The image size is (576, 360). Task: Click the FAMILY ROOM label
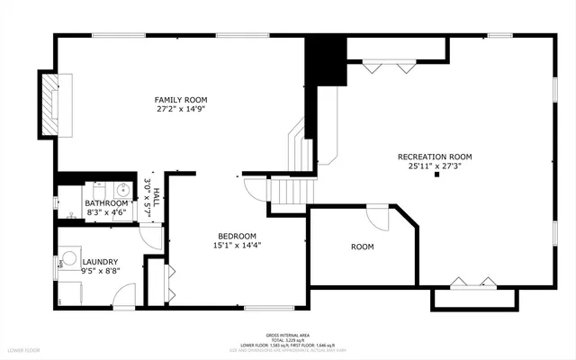coord(181,99)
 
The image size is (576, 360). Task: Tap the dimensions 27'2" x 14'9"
coord(181,109)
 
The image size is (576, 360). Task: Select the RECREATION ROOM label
coord(435,157)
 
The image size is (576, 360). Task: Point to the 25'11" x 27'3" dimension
coord(435,166)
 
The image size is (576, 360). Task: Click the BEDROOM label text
coord(237,236)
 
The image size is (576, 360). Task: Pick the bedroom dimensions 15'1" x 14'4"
coord(237,245)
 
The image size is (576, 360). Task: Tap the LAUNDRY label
coord(100,261)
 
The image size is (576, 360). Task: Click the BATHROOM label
coord(107,203)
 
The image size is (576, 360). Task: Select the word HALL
coord(156,196)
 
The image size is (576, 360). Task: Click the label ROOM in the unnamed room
coord(362,247)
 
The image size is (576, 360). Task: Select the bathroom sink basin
coord(121,190)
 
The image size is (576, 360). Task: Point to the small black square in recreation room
coord(436,175)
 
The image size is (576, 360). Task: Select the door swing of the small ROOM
coord(377,217)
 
